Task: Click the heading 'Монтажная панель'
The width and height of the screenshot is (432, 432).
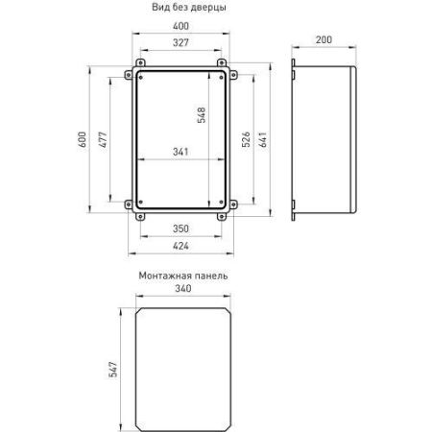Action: [x=182, y=276]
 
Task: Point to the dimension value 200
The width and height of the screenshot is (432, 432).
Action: [x=323, y=39]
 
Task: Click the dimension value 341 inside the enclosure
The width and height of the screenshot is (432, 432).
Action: [x=180, y=152]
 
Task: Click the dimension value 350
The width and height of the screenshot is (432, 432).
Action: [x=180, y=229]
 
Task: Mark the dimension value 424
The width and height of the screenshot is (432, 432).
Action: [x=180, y=244]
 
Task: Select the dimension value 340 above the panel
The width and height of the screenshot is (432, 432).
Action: [x=181, y=290]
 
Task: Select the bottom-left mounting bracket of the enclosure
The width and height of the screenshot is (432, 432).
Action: [x=134, y=211]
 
